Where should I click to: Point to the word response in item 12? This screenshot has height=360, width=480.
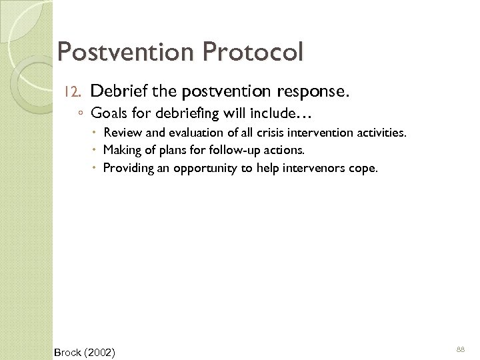pyautogui.click(x=305, y=90)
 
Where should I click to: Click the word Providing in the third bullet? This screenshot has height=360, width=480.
pyautogui.click(x=127, y=169)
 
